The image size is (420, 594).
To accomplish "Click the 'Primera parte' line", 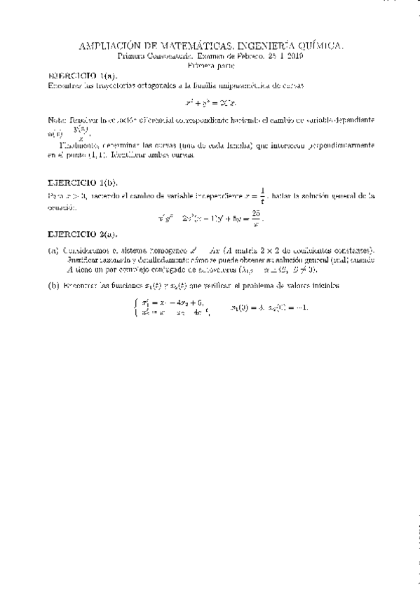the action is tap(210, 64).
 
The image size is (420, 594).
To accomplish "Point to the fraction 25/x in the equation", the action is tap(256, 219).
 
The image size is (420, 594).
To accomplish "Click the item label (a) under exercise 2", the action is tap(53, 250).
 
